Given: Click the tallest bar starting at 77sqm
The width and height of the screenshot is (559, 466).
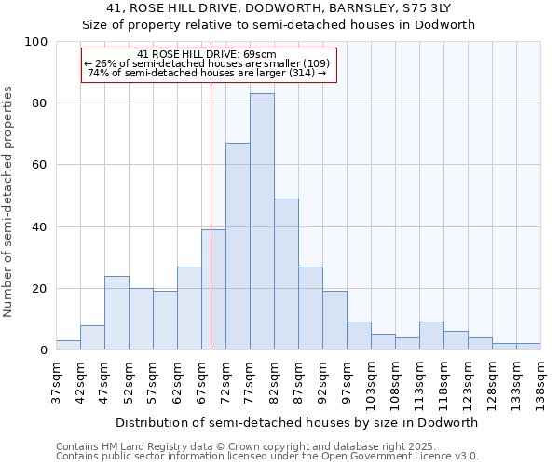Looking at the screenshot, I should [262, 222].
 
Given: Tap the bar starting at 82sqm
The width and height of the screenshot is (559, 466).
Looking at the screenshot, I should [286, 274].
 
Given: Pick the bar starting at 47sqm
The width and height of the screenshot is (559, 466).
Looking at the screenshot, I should [116, 313].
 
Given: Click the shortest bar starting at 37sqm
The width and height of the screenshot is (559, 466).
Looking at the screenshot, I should [68, 345].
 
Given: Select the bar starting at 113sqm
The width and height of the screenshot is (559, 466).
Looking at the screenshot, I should [431, 336].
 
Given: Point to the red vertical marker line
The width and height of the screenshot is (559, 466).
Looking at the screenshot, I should [211, 233].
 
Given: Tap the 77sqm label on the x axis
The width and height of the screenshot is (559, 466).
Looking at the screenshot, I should [250, 382].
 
